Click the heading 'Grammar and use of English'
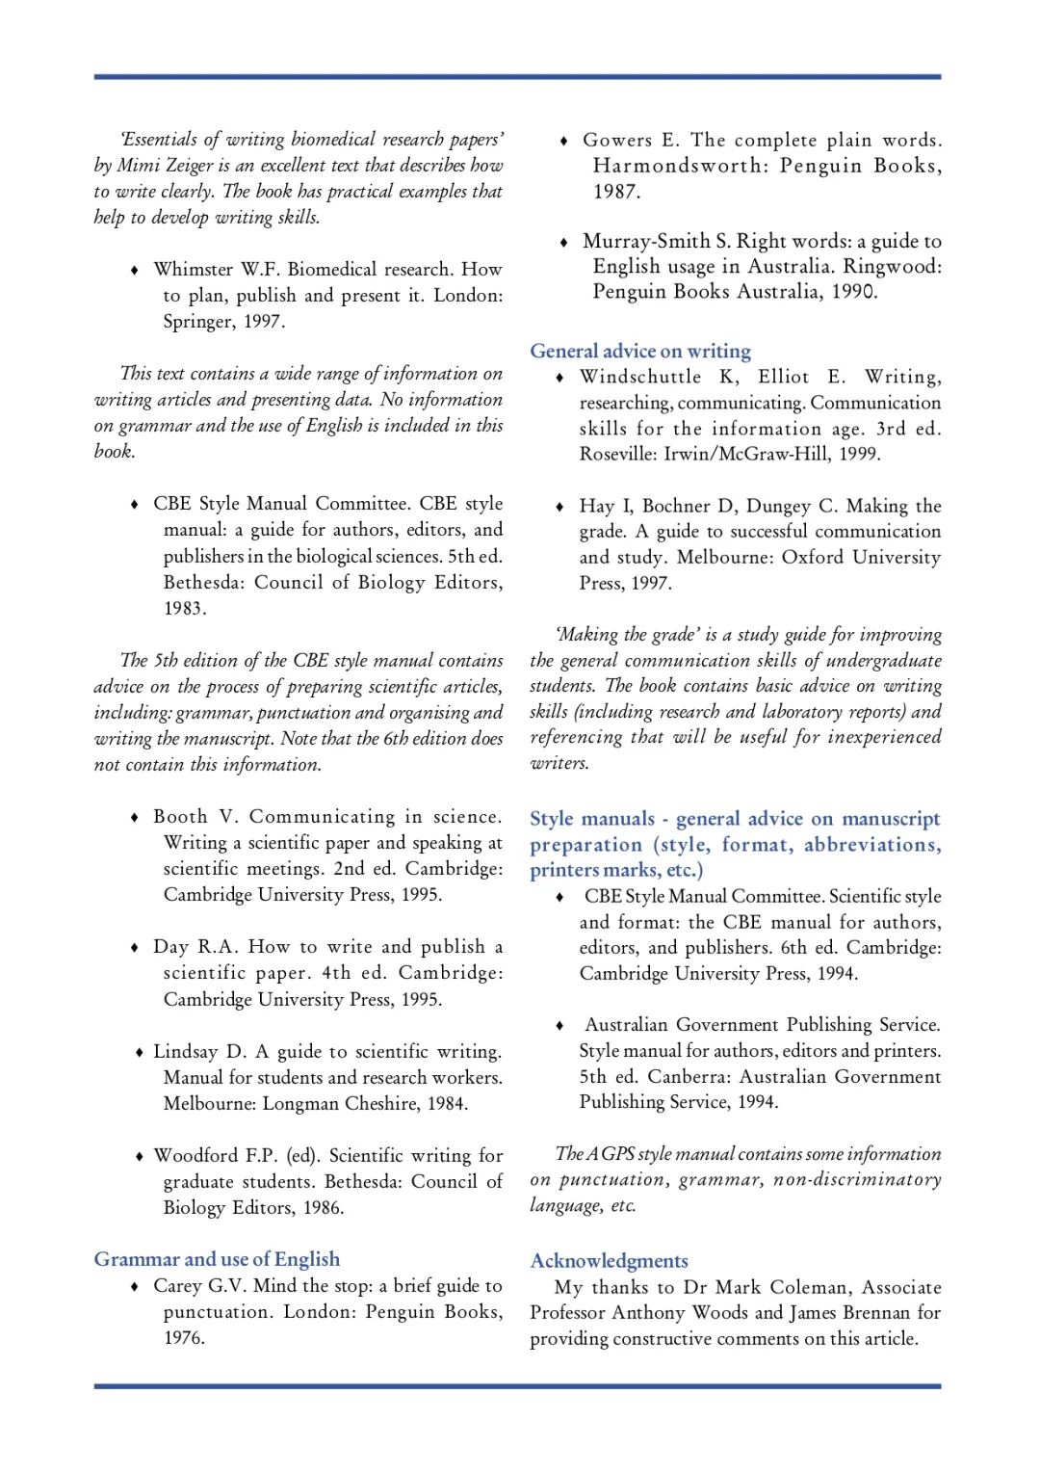tap(217, 1259)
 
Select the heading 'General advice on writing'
tap(640, 351)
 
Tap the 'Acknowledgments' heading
tap(609, 1261)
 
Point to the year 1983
tap(184, 608)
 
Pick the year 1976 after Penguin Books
tap(184, 1337)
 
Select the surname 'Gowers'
tap(616, 140)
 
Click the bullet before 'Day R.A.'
tap(135, 948)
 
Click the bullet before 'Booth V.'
tap(135, 818)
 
